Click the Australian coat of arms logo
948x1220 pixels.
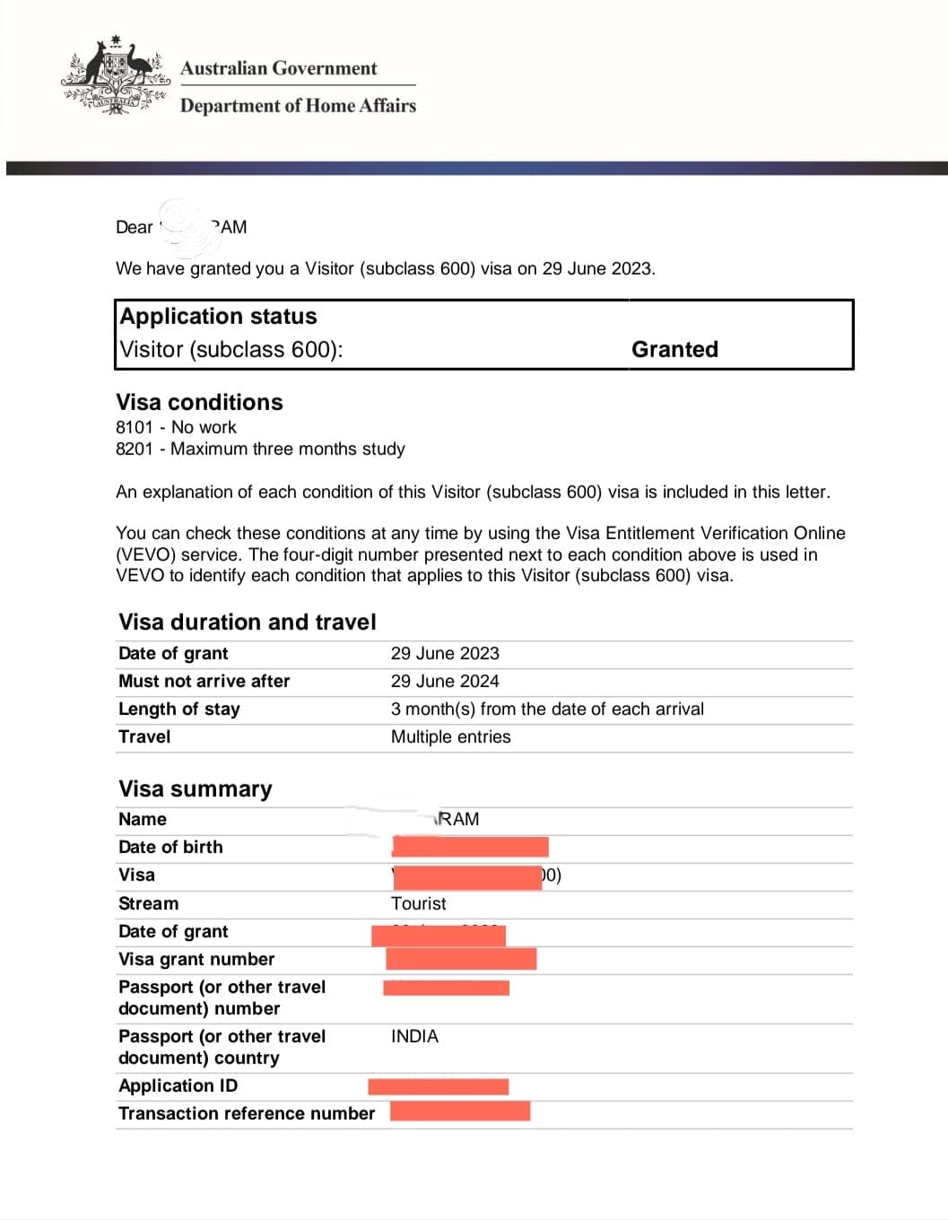[x=116, y=75]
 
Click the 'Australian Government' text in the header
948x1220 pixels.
[x=278, y=68]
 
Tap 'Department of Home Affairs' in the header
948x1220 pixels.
[x=298, y=106]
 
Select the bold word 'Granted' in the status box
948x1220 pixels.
[x=674, y=349]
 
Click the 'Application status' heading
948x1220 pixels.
[x=218, y=317]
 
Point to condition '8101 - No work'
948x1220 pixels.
[x=176, y=427]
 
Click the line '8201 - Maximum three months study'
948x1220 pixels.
[x=260, y=449]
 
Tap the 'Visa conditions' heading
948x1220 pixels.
[x=199, y=402]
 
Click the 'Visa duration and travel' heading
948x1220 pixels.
[x=248, y=622]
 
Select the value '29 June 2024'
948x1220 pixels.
[x=445, y=681]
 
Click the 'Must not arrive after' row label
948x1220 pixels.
[x=204, y=681]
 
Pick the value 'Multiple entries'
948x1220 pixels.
[x=450, y=736]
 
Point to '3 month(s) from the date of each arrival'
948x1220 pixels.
[x=547, y=709]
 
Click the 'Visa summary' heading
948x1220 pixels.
[x=196, y=789]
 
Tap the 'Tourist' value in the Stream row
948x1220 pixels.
[x=418, y=903]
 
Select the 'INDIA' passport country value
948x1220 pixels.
[x=414, y=1036]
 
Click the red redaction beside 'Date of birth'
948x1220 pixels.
[x=470, y=847]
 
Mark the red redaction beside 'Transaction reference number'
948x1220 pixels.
[x=460, y=1111]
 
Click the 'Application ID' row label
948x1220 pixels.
[x=178, y=1085]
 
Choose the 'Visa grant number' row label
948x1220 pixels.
[x=196, y=959]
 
